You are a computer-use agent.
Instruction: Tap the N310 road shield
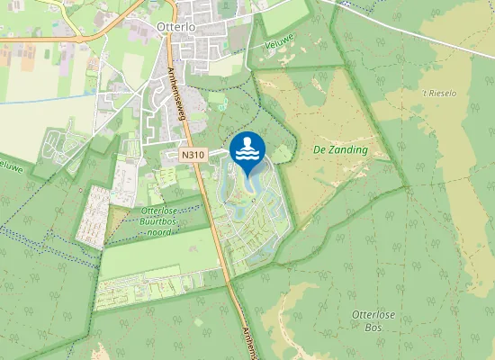pyautogui.click(x=193, y=155)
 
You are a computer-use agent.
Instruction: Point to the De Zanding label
pyautogui.click(x=342, y=149)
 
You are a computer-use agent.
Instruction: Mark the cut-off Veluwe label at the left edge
pyautogui.click(x=9, y=166)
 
